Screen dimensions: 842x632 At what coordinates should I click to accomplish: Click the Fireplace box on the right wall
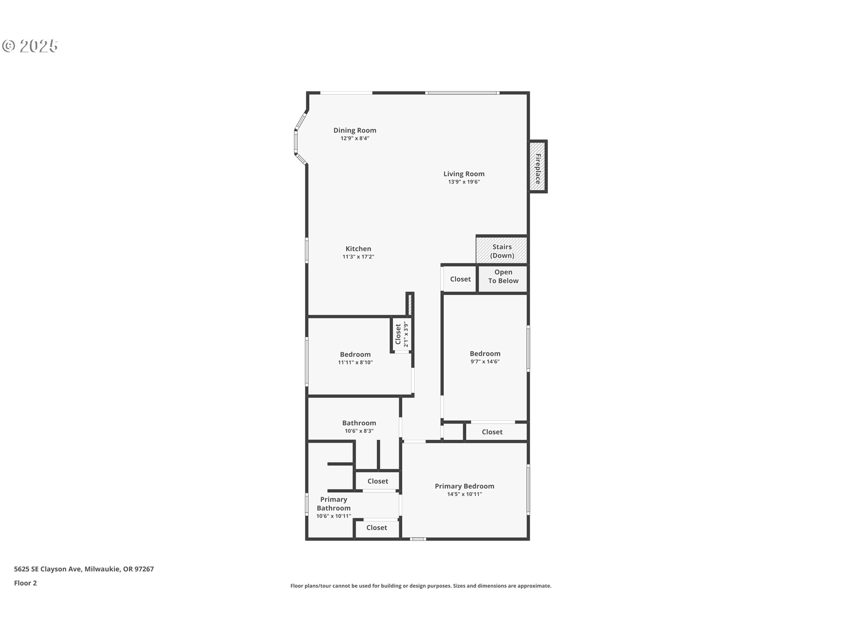[538, 166]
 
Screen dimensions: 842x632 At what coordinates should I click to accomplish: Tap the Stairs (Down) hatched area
[502, 251]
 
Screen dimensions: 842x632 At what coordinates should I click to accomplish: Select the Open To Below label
[503, 276]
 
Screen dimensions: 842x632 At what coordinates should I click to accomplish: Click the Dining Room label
[355, 130]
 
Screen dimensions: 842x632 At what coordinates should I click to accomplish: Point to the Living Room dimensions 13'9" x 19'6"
[464, 182]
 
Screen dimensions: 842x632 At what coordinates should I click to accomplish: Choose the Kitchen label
[358, 249]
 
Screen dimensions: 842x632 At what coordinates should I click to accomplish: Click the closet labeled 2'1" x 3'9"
[402, 334]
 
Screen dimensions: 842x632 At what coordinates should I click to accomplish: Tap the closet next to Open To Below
[460, 279]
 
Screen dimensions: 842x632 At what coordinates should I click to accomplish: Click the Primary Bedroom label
[464, 486]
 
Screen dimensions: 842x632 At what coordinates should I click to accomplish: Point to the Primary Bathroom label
[334, 504]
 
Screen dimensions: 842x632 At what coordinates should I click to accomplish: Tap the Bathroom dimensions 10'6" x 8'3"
[359, 431]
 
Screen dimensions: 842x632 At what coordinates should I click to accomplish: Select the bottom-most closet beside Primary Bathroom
[377, 528]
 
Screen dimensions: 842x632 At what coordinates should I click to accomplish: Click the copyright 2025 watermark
[30, 46]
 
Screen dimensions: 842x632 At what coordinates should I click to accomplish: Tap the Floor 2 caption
[25, 583]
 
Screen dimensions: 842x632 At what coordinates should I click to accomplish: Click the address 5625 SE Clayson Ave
[48, 569]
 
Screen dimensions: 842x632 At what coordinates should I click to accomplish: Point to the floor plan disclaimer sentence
[421, 586]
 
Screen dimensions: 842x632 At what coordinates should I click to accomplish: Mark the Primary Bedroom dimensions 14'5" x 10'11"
[464, 494]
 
